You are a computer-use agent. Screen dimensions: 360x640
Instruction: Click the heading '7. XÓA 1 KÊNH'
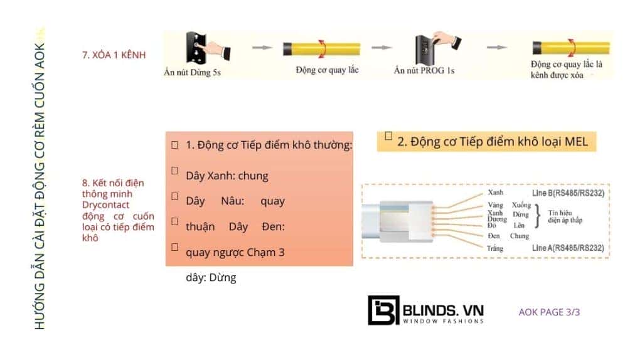click(114, 55)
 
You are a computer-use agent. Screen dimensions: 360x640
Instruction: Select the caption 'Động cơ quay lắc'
click(327, 70)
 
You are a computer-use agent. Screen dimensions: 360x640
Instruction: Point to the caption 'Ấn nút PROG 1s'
click(424, 70)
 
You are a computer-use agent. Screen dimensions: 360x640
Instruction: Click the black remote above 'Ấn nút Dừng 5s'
click(195, 46)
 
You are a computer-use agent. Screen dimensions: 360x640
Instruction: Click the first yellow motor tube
click(322, 49)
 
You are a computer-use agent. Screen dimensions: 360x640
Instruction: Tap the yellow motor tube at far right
click(570, 48)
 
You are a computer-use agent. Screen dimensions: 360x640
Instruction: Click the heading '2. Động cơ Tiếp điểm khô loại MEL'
click(493, 142)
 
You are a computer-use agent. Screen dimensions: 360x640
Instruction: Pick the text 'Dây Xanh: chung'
click(227, 176)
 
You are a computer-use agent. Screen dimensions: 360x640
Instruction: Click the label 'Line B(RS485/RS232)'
click(568, 193)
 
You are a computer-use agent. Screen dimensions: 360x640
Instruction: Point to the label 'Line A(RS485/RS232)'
click(568, 248)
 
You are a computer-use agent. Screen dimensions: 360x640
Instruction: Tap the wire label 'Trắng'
click(496, 249)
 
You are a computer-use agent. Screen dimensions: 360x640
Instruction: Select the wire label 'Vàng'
click(495, 205)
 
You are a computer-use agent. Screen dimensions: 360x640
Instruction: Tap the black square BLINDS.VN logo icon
click(383, 310)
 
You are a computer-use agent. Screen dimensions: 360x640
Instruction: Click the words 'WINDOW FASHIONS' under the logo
click(443, 321)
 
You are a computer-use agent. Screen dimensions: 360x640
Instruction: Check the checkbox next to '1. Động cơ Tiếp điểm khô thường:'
click(174, 144)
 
